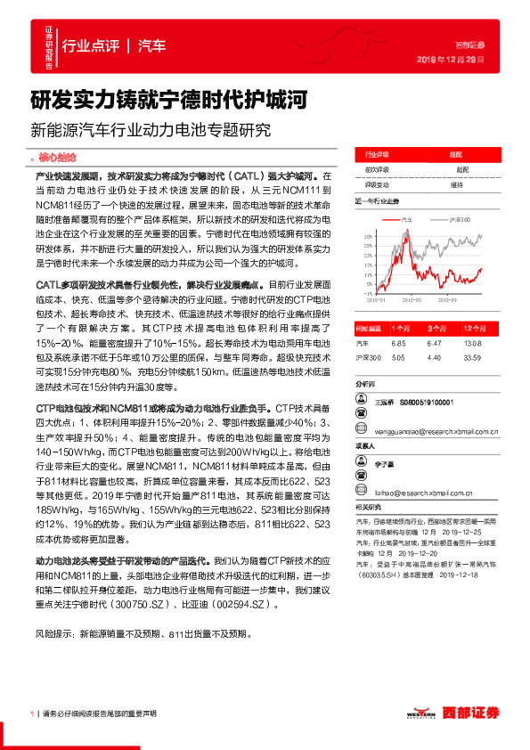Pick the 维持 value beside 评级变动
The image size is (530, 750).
coord(457,184)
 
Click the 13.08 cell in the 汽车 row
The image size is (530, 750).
coord(472,342)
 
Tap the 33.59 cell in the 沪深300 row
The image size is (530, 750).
coord(472,357)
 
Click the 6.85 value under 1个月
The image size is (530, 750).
coord(398,342)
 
